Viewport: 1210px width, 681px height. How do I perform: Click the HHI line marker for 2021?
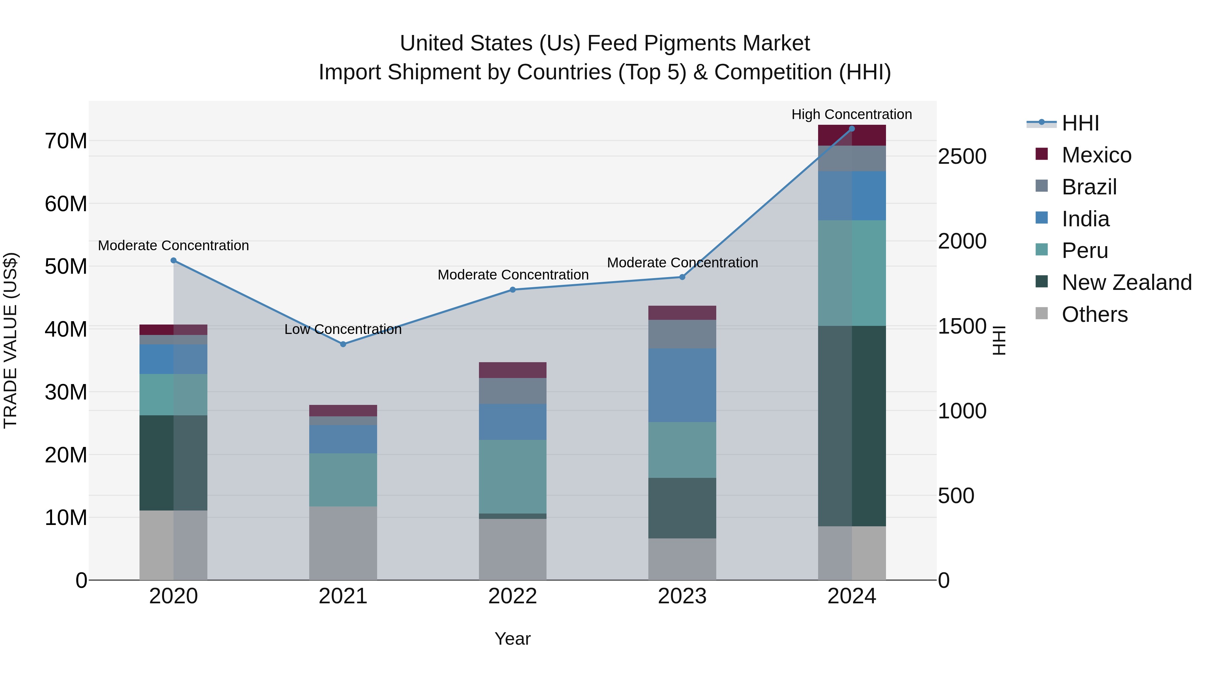click(343, 344)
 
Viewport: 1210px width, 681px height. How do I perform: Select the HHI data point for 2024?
click(852, 129)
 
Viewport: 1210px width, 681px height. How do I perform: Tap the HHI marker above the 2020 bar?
click(173, 260)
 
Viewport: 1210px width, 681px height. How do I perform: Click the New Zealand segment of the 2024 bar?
click(852, 425)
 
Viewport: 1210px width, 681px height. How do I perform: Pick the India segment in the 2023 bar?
click(682, 385)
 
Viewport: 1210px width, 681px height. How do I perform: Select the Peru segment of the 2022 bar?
click(513, 476)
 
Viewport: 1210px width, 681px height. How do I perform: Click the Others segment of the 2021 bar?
click(343, 543)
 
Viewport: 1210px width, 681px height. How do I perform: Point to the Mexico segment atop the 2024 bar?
click(852, 135)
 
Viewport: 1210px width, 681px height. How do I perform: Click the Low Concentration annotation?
click(343, 330)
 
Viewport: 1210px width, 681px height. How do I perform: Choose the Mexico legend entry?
click(1096, 155)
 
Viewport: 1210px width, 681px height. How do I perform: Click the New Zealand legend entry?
click(1126, 282)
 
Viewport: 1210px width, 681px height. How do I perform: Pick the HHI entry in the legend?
click(1080, 123)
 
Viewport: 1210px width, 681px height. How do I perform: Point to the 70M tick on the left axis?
click(66, 141)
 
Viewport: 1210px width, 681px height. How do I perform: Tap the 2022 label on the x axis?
click(513, 596)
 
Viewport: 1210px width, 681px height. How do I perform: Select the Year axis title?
click(513, 639)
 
